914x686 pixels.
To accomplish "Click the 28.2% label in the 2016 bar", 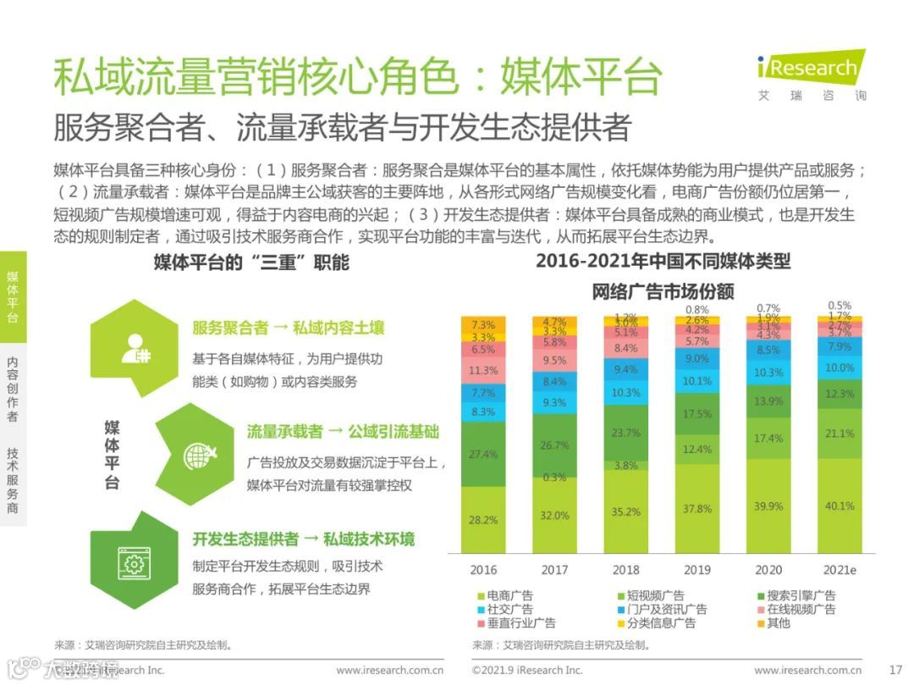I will pos(483,519).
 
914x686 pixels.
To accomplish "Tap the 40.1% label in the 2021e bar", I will pos(840,506).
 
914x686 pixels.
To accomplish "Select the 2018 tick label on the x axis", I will pos(625,569).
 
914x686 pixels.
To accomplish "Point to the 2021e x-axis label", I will pos(840,569).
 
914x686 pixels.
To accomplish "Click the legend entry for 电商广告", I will pos(504,595).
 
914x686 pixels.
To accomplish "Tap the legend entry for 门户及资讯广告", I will pos(658,609).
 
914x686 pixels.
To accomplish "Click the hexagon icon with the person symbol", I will pos(135,346).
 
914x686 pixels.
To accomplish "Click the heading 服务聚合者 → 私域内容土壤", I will pos(288,328).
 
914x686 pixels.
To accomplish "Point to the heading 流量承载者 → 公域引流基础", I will pos(343,432).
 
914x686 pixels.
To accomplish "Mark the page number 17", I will pos(896,670).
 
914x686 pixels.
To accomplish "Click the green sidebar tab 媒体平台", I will pos(13,297).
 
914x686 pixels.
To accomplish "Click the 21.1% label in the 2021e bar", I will pos(840,434).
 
